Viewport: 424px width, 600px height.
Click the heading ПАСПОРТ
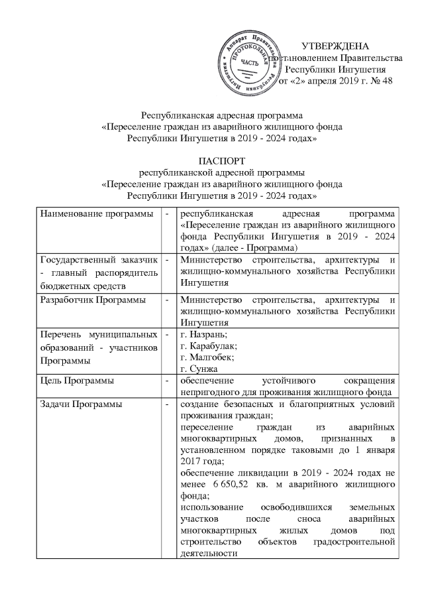coord(211,161)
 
